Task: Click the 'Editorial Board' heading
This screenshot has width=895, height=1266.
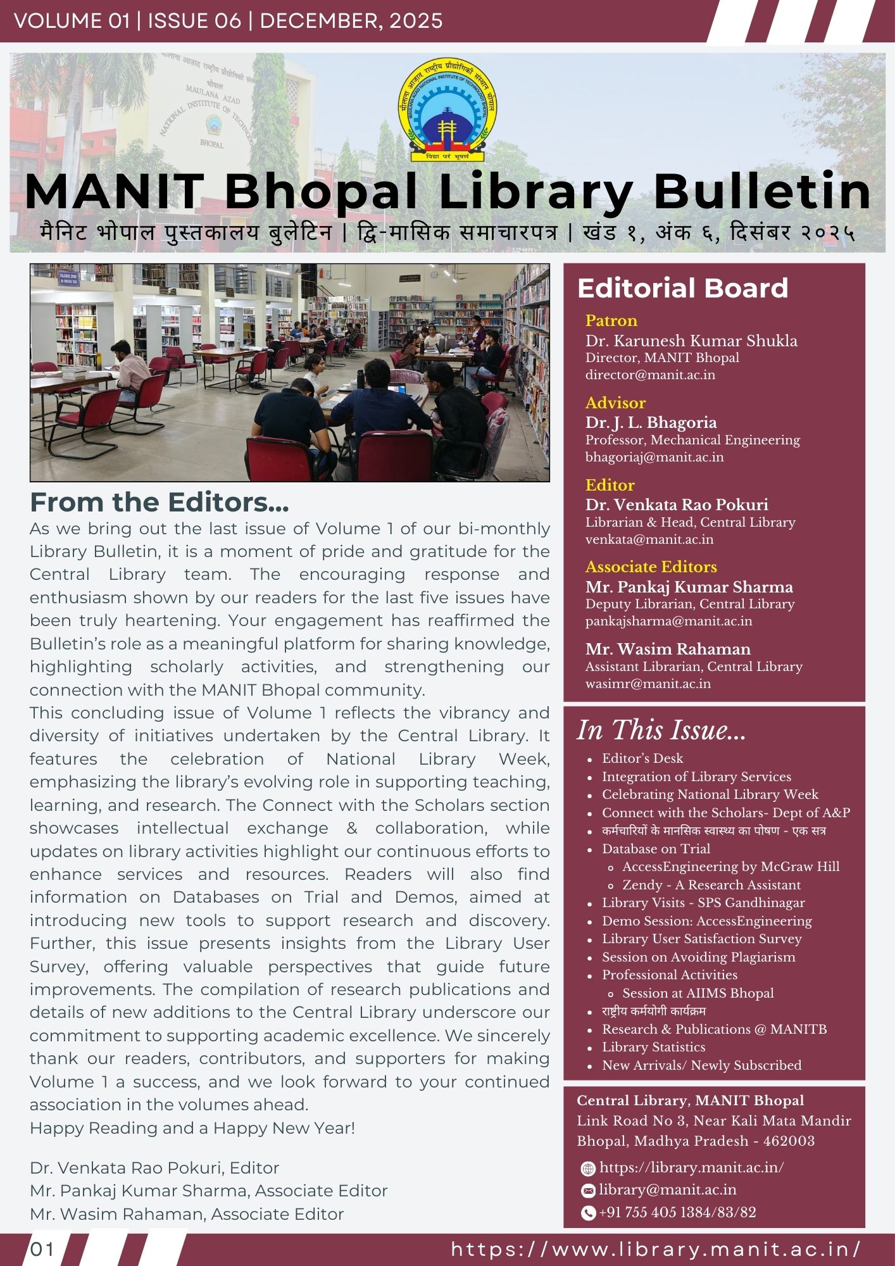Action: coord(682,288)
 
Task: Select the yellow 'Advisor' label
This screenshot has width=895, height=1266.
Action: coord(615,403)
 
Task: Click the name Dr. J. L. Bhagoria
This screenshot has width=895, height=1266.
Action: coord(651,422)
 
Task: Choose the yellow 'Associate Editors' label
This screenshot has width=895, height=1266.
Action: coord(651,567)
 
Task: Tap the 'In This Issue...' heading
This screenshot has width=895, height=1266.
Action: coord(661,730)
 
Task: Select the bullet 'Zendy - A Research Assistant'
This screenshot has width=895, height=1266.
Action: coord(711,885)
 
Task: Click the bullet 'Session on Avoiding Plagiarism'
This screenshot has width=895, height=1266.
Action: coord(698,957)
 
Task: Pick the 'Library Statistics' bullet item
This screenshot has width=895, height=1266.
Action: coord(653,1048)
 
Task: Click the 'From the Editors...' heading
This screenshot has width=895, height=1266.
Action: coord(160,503)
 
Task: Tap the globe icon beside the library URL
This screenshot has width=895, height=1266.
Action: coord(588,1169)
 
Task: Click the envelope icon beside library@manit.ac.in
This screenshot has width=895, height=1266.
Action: coord(588,1191)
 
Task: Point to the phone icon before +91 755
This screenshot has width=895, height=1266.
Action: coord(588,1213)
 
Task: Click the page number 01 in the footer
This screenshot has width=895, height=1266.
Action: coord(42,1249)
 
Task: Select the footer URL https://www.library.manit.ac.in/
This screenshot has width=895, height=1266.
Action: coord(656,1249)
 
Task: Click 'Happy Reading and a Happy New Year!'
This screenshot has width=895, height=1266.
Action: coord(192,1128)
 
